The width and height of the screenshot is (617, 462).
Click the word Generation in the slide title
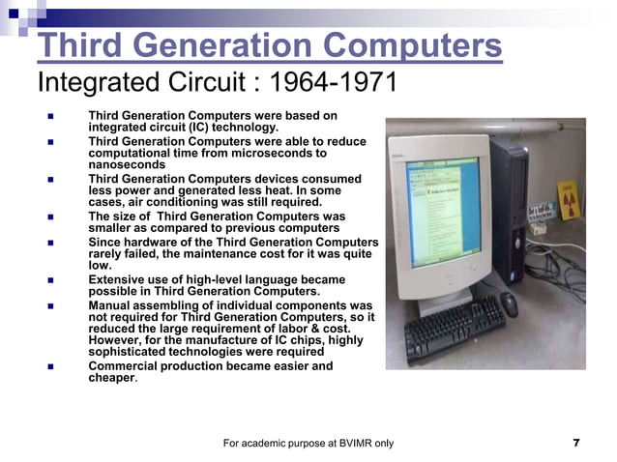(x=223, y=44)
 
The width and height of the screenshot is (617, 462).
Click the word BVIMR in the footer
(x=343, y=444)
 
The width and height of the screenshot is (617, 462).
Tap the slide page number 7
(x=576, y=444)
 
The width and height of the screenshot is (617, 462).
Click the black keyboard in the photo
(x=455, y=329)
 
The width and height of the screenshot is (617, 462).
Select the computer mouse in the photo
(x=510, y=303)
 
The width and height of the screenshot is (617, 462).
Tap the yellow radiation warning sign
(x=573, y=208)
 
